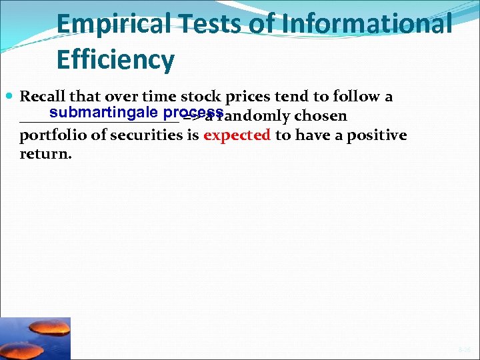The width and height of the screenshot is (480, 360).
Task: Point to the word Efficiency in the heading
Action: coord(115,60)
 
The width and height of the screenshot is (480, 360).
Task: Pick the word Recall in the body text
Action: coord(43,97)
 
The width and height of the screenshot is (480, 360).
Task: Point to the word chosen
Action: coord(321,117)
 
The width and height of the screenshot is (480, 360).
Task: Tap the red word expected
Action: coord(237,136)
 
